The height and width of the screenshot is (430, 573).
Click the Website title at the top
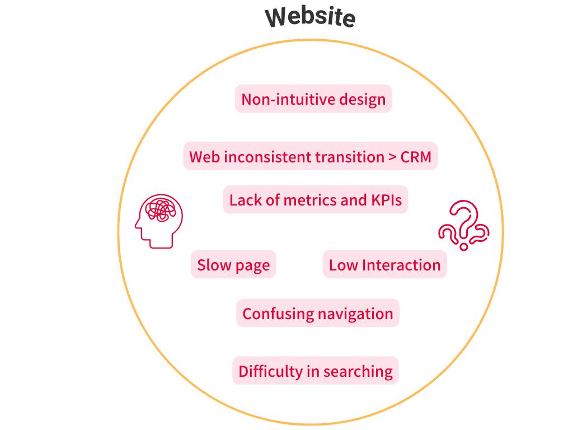pyautogui.click(x=311, y=17)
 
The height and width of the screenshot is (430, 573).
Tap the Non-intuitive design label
pyautogui.click(x=313, y=99)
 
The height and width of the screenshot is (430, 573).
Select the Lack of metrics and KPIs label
pyautogui.click(x=316, y=200)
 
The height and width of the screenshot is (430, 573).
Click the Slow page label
pyautogui.click(x=233, y=265)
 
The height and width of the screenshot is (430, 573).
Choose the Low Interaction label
pyautogui.click(x=384, y=265)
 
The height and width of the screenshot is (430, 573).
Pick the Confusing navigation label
pyautogui.click(x=318, y=314)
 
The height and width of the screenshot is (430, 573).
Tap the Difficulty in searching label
pyautogui.click(x=316, y=371)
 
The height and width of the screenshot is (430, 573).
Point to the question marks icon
pyautogui.click(x=464, y=226)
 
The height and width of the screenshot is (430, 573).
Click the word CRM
pyautogui.click(x=416, y=157)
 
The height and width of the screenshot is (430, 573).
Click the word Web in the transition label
pyautogui.click(x=204, y=157)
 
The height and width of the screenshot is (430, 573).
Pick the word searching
pyautogui.click(x=358, y=371)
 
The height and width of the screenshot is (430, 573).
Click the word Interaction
pyautogui.click(x=401, y=265)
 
